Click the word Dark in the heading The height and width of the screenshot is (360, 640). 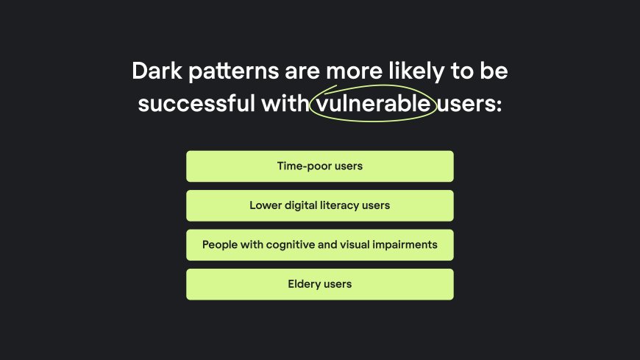[157, 71]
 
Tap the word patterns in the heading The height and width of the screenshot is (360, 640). [233, 72]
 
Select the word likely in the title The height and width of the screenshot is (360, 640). [416, 72]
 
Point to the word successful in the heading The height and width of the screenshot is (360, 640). [196, 102]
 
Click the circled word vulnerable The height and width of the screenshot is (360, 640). [373, 102]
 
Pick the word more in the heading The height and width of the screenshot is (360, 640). [354, 72]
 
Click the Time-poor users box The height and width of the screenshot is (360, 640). [319, 166]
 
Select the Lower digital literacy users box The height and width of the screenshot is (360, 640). [319, 205]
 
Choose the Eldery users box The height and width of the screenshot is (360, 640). [319, 284]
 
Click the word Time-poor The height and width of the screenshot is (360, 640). [304, 166]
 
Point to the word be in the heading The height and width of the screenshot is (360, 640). [494, 71]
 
